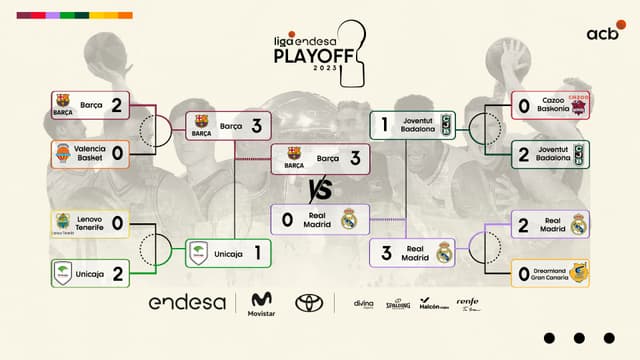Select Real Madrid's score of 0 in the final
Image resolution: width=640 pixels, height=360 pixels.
tap(288, 219)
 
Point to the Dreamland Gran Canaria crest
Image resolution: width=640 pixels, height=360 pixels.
tap(578, 272)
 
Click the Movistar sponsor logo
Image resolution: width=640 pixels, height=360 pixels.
tap(261, 303)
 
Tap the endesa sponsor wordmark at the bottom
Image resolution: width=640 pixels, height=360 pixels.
tap(187, 302)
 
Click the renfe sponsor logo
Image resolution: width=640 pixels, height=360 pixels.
tap(467, 303)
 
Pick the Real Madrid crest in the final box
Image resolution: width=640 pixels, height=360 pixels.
tap(349, 219)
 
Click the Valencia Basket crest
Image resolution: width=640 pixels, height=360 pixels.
tap(63, 153)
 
